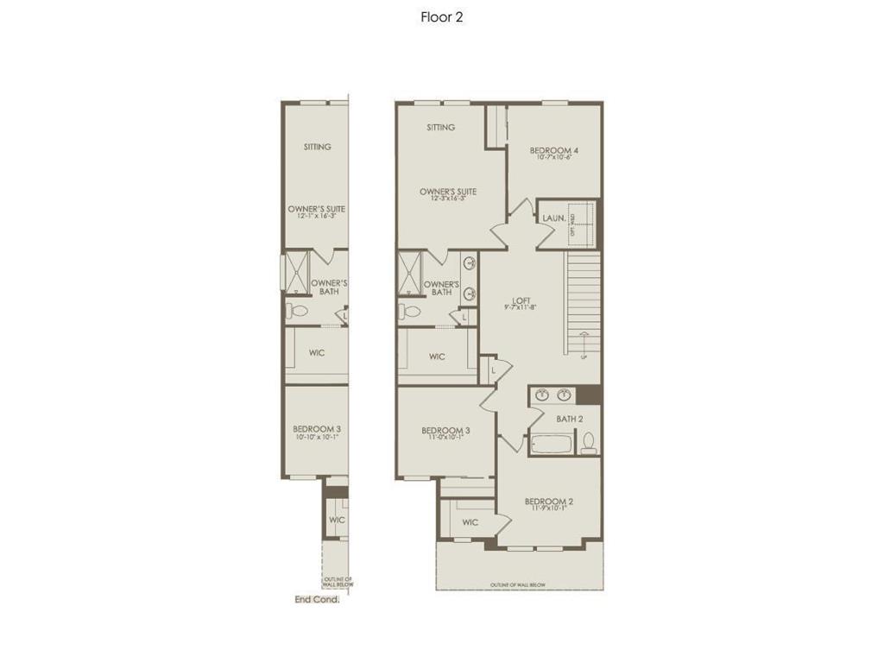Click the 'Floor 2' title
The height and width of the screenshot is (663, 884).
coord(441,16)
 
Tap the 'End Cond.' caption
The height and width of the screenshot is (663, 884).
coord(317,599)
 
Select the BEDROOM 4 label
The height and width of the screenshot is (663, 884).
coord(553,150)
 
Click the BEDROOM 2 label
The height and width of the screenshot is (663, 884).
coord(549,502)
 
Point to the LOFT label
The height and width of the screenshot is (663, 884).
coord(521,300)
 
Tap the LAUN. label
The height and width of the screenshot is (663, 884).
coord(553,218)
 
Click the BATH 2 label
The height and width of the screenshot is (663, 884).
coord(569,419)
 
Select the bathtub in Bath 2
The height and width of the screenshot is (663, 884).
coord(550,445)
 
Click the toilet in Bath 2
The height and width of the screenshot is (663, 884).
coord(589,444)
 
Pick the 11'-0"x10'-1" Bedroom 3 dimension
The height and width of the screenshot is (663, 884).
coord(445,438)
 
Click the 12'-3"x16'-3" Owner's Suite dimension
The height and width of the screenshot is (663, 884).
coord(448,199)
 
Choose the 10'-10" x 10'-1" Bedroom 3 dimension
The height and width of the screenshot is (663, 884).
coord(316,437)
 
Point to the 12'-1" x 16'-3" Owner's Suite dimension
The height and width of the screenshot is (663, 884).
coord(316,216)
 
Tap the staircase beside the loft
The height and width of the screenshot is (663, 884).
coord(584,302)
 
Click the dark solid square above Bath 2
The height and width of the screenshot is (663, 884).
coord(589,395)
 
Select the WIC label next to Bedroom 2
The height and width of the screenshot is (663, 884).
coord(470,522)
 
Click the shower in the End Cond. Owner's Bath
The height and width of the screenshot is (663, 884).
coord(298,272)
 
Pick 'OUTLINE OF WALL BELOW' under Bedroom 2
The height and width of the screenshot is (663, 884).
coord(518,584)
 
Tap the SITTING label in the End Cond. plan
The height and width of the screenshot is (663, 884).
coord(317,147)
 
